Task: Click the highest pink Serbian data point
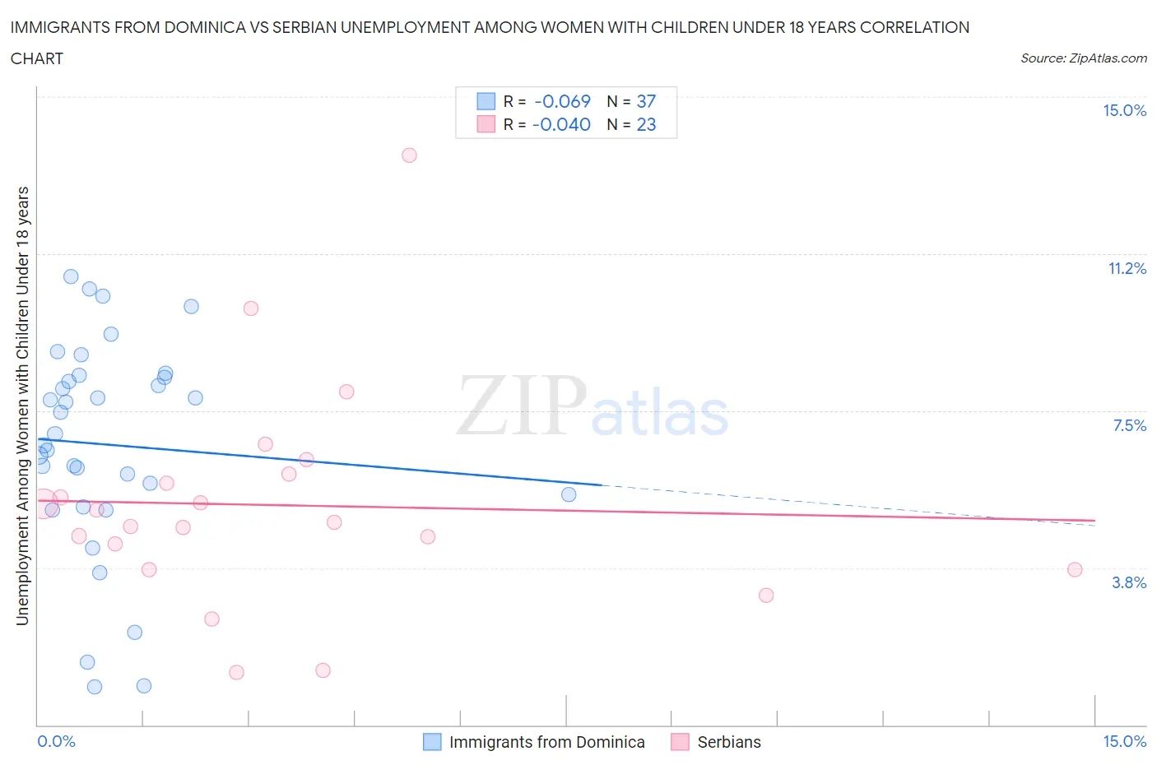click(409, 155)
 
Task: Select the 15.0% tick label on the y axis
click(1124, 111)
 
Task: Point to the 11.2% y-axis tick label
click(1127, 269)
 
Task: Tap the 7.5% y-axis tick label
click(1129, 426)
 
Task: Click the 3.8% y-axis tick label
click(1129, 583)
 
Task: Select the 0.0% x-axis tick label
click(56, 742)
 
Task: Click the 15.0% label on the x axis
click(1124, 742)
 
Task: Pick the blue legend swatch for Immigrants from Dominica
click(432, 742)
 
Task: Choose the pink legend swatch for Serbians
click(680, 742)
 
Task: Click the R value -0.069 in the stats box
click(562, 102)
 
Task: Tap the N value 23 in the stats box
click(646, 125)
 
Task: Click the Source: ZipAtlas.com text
click(1083, 58)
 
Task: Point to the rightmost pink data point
click(1074, 570)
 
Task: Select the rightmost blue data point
click(569, 494)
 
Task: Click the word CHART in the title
click(37, 58)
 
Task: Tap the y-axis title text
click(22, 406)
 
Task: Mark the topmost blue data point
click(71, 276)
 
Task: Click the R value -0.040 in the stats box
click(561, 125)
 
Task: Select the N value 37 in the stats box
click(646, 102)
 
